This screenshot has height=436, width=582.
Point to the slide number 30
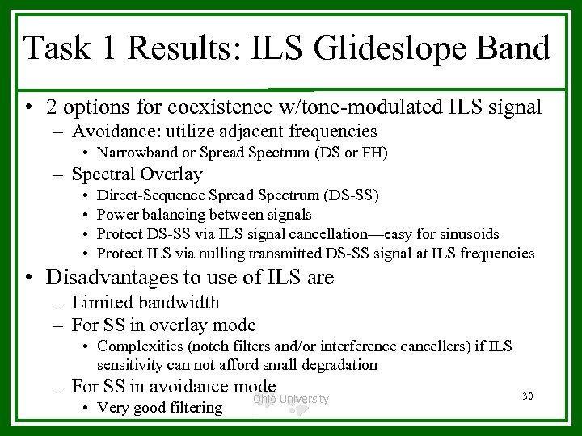pyautogui.click(x=529, y=396)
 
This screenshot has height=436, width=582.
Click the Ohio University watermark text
pyautogui.click(x=291, y=399)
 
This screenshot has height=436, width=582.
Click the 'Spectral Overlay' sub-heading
pyautogui.click(x=137, y=174)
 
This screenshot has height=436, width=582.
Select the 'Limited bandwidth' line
pyautogui.click(x=145, y=303)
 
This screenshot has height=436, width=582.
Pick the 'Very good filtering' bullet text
pyautogui.click(x=159, y=407)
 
